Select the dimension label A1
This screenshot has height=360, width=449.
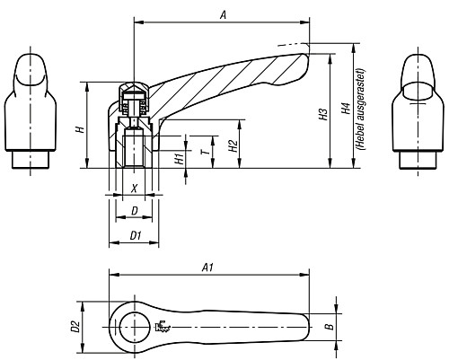click(207, 267)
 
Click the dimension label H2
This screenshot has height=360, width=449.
click(233, 145)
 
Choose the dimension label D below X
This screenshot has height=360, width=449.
click(134, 211)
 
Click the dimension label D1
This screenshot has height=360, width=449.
click(135, 235)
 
